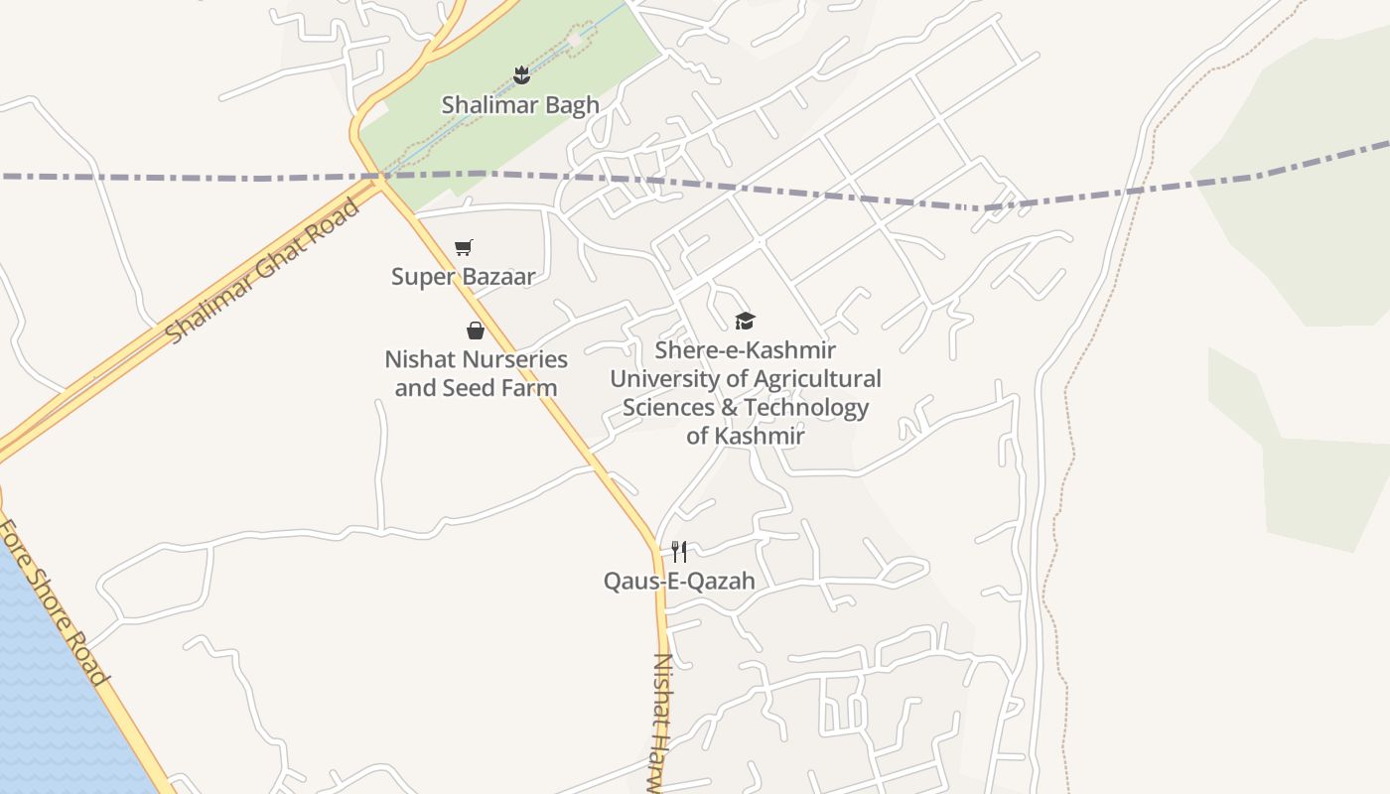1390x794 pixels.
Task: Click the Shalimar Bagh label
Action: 520,104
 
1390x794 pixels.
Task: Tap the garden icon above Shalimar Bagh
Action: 521,74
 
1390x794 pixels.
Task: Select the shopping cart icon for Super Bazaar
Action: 464,247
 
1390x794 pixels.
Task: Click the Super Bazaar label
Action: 463,276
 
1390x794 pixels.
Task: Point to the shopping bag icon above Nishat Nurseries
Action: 476,331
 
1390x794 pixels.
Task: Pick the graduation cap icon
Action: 745,321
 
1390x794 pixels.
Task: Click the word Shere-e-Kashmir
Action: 745,350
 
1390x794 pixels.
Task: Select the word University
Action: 664,378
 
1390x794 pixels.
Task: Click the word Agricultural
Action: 817,378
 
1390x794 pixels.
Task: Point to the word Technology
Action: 806,407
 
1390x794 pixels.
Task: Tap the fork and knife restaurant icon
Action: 679,551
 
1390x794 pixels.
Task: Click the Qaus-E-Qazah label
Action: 679,581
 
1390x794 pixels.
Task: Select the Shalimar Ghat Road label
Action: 263,270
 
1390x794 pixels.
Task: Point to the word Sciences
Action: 668,407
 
